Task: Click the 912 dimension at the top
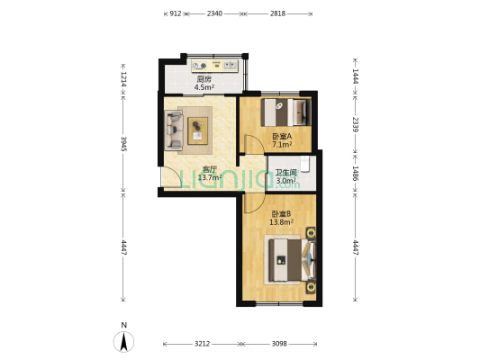[x=176, y=13]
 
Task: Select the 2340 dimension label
[x=214, y=13]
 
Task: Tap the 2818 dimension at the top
[x=277, y=13]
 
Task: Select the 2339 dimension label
[x=356, y=125]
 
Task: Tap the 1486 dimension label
[x=356, y=173]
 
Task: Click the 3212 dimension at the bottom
[x=202, y=344]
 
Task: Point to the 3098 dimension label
[x=279, y=344]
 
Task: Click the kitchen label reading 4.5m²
[x=204, y=84]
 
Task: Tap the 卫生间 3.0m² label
[x=286, y=176]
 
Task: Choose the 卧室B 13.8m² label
[x=281, y=217]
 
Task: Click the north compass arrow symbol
[x=124, y=340]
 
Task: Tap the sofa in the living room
[x=174, y=129]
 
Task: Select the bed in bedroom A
[x=286, y=112]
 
